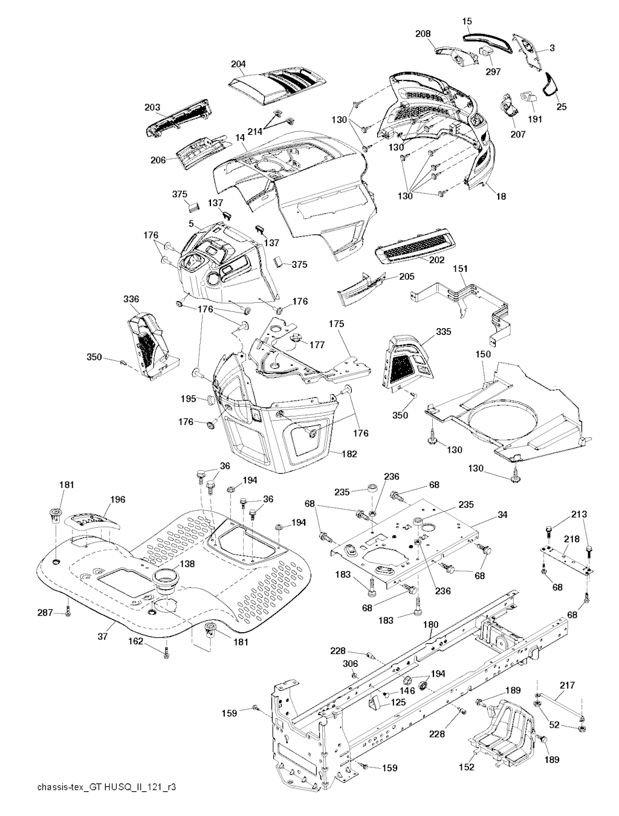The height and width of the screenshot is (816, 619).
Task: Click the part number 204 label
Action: [x=238, y=63]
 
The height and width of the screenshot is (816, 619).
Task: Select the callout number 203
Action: [x=152, y=108]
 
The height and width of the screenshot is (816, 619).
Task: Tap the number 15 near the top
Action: [x=467, y=22]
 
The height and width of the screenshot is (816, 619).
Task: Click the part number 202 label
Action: [x=436, y=260]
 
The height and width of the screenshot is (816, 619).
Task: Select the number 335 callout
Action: [x=443, y=332]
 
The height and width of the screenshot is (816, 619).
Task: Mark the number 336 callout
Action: [x=131, y=299]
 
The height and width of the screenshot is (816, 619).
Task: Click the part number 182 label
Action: [x=349, y=453]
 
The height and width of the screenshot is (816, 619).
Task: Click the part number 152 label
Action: [x=466, y=767]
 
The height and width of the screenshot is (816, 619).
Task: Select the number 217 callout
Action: [x=568, y=685]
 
